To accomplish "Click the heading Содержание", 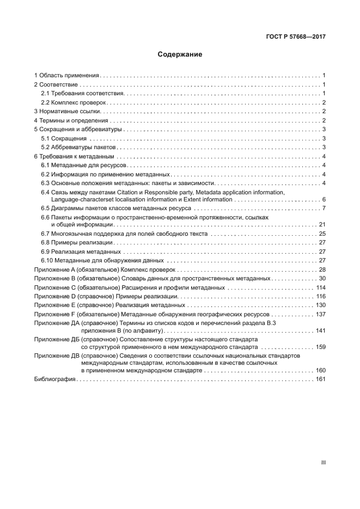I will [x=180, y=55].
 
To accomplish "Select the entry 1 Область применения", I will [x=66, y=76].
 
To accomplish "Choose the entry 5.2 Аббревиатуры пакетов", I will [x=79, y=147].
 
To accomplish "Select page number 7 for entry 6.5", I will [x=324, y=208].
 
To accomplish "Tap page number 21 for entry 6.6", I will [x=322, y=224].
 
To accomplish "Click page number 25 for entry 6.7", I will [x=322, y=234].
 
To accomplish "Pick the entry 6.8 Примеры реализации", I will [x=77, y=242].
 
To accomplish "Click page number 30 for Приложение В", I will [x=322, y=278].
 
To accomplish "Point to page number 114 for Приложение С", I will [x=320, y=287].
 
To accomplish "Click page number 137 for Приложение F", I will [x=320, y=314].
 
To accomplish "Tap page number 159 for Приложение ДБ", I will [x=320, y=346].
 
